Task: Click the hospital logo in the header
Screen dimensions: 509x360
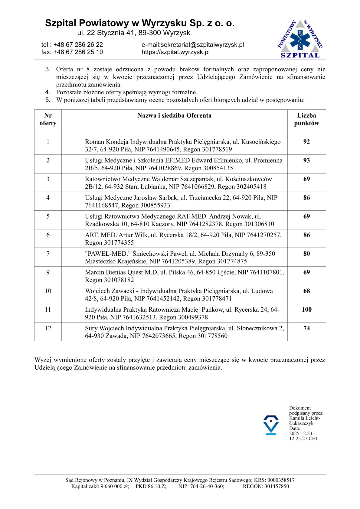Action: pos(300,39)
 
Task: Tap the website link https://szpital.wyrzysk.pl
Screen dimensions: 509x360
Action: pos(175,52)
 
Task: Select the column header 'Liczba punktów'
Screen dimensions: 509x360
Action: pos(306,119)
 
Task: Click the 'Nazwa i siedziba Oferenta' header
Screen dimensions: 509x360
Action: pos(174,115)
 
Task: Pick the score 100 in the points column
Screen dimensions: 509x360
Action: pos(306,310)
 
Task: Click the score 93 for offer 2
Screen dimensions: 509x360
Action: pos(306,160)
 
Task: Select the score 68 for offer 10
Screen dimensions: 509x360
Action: pos(306,291)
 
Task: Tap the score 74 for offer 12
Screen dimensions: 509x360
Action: pos(306,328)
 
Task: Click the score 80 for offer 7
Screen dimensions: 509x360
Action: pos(306,254)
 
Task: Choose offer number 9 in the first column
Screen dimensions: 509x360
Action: pos(48,272)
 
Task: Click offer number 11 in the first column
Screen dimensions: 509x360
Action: pos(48,310)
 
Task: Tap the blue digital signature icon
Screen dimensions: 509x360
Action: pos(271,425)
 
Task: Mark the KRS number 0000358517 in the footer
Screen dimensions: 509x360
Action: pos(281,480)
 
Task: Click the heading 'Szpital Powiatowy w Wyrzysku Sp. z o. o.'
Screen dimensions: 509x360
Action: pos(140,23)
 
